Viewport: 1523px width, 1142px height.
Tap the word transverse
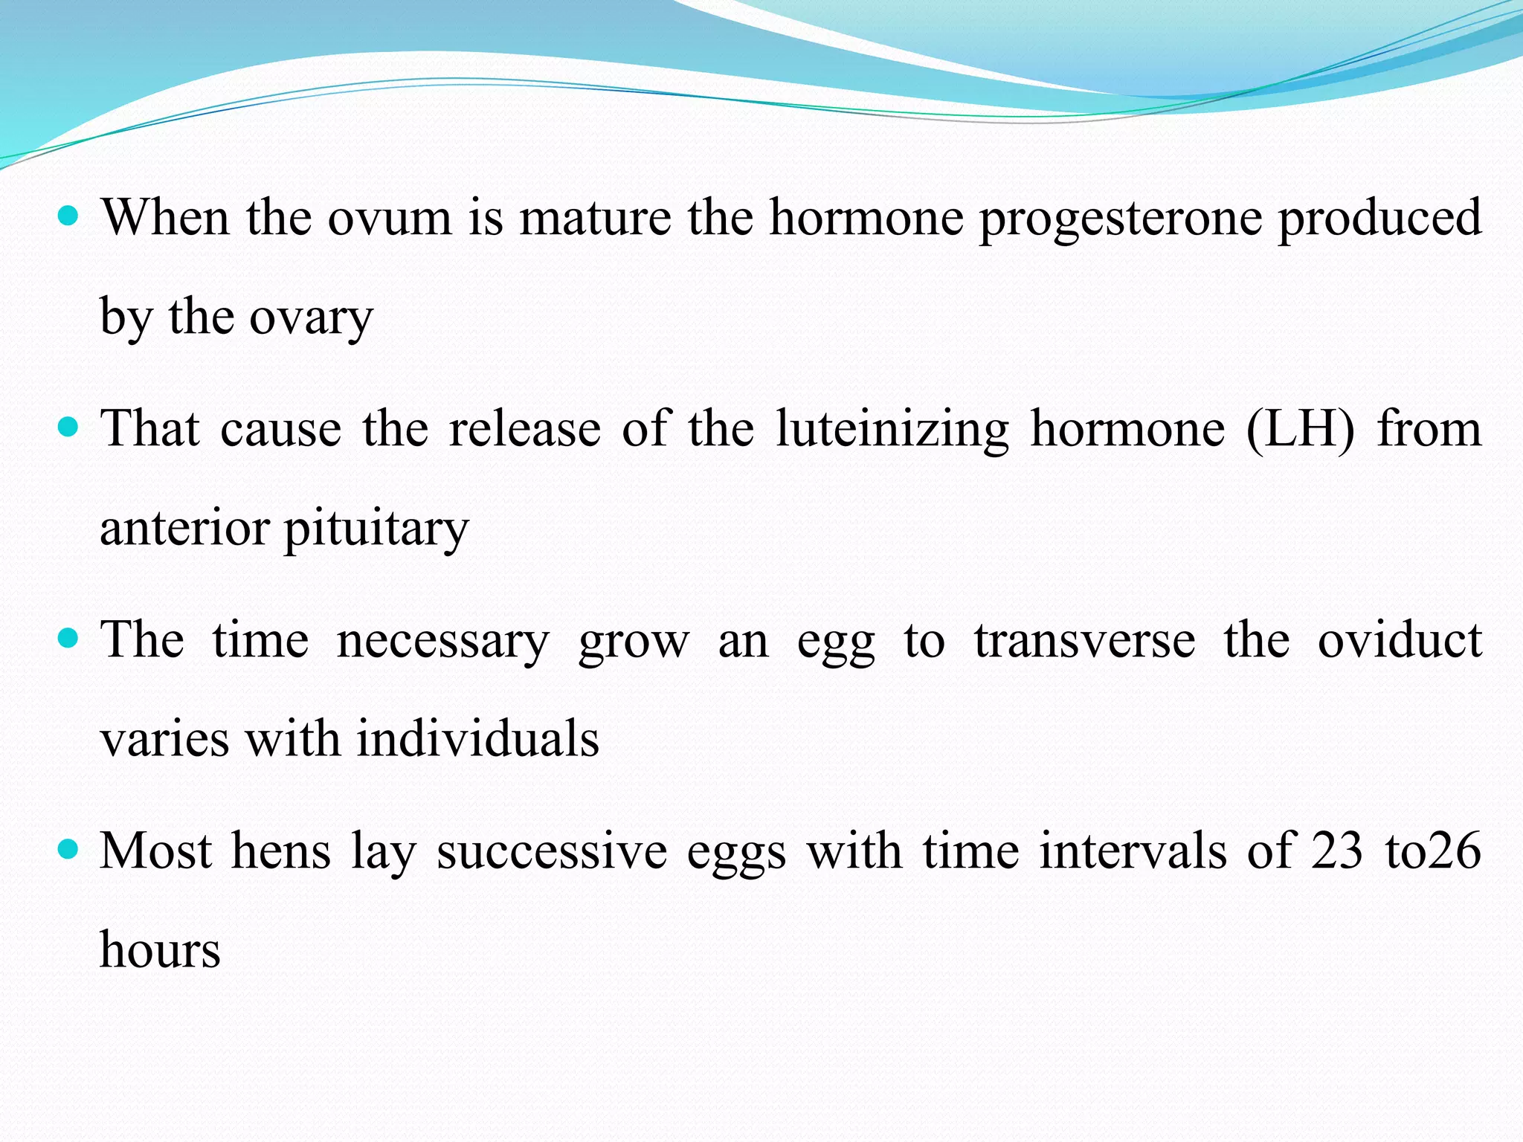(x=1085, y=641)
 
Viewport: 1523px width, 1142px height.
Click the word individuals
(x=477, y=740)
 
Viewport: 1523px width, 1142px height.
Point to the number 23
(x=1336, y=851)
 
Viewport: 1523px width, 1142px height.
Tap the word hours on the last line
(x=161, y=951)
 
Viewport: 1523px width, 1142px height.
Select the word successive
(x=552, y=852)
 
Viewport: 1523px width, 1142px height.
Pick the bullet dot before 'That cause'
(x=68, y=428)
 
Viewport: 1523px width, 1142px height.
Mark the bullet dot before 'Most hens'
(x=68, y=849)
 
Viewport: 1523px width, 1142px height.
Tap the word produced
(x=1379, y=219)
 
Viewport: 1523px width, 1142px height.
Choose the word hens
(x=281, y=851)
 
